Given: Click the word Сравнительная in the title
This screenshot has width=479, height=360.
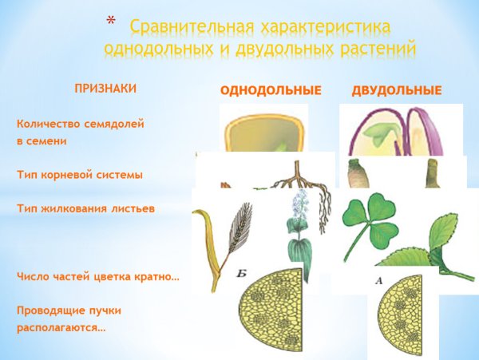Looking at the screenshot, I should coord(189,27).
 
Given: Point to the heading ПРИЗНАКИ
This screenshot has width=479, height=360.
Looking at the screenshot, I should coord(105,89).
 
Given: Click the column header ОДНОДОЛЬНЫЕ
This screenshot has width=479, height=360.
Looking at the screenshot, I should coord(271,91).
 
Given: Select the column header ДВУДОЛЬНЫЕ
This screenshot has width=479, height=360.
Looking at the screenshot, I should coord(396,91).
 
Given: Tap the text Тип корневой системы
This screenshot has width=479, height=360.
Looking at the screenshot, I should coord(69,172).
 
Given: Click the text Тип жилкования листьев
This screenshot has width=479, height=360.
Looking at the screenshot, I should coord(74,208).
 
